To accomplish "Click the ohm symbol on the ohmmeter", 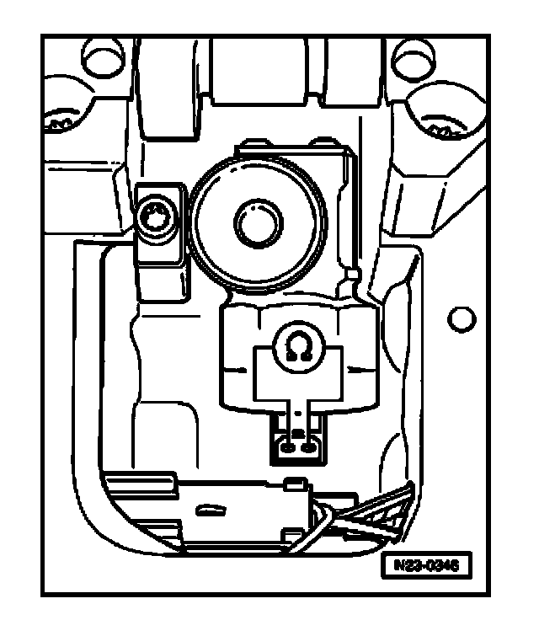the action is tap(297, 347).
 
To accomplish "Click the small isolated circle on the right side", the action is tap(461, 319).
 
